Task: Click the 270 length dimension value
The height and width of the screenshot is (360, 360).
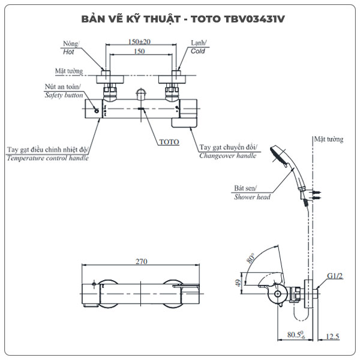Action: tap(141, 262)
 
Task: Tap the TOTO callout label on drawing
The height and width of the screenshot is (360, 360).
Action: tap(169, 142)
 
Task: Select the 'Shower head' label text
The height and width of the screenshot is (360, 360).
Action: tap(252, 197)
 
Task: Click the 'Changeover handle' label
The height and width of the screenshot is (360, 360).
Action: tap(227, 155)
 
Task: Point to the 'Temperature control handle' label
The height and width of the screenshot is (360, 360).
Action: tap(47, 158)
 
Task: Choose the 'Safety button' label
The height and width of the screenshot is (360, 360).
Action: tap(64, 95)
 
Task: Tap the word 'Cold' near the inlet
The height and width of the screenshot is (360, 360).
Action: tap(198, 52)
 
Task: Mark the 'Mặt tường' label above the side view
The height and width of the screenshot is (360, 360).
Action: tap(328, 139)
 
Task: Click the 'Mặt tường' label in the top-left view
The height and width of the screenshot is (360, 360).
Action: tap(68, 71)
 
